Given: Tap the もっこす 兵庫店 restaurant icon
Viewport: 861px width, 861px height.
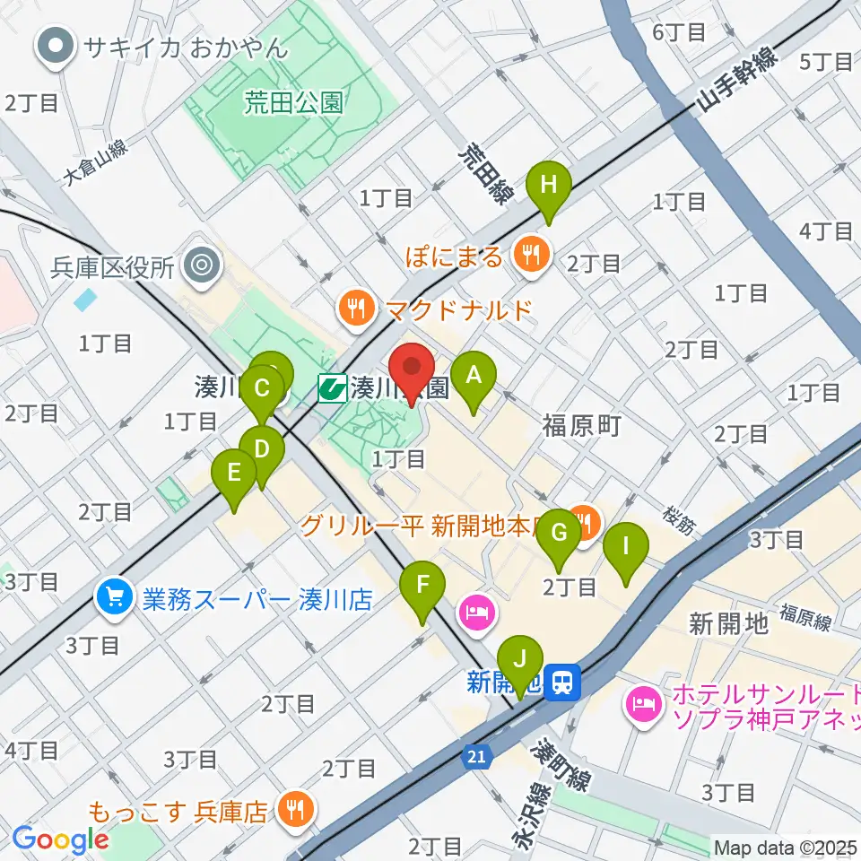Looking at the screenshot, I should point(291,811).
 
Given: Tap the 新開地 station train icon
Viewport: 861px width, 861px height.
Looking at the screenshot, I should point(564,683).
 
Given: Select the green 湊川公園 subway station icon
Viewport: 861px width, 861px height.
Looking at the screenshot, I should point(333,388).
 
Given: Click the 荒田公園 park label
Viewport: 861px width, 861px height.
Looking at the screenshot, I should point(292,103).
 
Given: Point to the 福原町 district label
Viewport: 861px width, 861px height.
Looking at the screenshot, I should point(581,425).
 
